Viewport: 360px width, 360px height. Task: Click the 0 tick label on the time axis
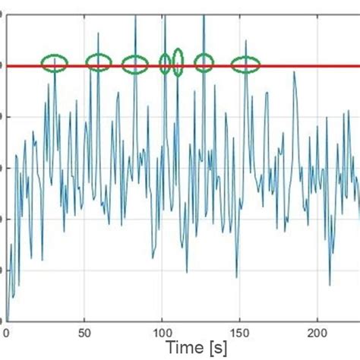tap(6, 332)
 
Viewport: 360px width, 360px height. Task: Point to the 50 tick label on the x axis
tap(84, 332)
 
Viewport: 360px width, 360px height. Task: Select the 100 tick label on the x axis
tap(163, 332)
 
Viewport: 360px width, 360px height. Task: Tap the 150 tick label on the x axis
tap(240, 332)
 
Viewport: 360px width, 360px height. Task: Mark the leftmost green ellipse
tap(54, 63)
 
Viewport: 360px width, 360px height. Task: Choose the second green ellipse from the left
tap(99, 63)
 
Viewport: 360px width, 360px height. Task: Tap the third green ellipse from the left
tap(135, 65)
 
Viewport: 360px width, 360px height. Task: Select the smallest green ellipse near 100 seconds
tap(165, 63)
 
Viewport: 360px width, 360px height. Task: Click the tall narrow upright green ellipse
tap(178, 62)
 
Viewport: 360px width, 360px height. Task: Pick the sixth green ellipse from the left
tap(204, 62)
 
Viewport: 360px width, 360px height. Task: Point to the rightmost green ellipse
tap(245, 65)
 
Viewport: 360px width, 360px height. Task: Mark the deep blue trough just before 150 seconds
tap(236, 276)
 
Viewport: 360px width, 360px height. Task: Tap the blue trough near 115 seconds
tap(187, 272)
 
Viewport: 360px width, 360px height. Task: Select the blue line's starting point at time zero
tap(7, 319)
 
